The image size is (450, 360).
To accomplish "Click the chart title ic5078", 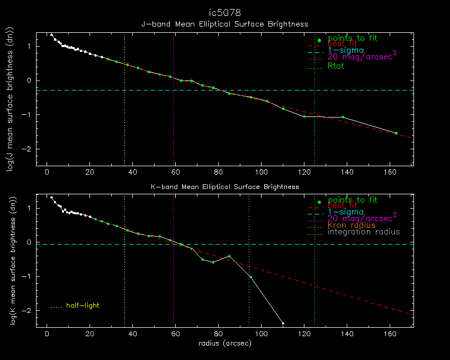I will [224, 12].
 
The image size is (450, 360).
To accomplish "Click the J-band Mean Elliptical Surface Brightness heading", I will [224, 24].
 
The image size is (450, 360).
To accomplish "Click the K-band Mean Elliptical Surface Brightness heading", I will [224, 186].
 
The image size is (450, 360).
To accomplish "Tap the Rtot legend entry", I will [336, 66].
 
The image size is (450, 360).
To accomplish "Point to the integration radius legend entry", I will [364, 232].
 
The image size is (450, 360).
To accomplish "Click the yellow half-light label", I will [83, 305].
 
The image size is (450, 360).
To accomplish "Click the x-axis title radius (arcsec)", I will [224, 343].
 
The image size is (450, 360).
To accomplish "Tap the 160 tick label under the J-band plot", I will [389, 173].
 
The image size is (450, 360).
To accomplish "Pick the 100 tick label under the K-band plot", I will [261, 335].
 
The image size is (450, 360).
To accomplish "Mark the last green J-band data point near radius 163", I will [396, 133].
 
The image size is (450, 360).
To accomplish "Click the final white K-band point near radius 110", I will [283, 323].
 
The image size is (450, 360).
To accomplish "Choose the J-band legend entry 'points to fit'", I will [353, 38].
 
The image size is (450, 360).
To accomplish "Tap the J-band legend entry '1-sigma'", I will [345, 50].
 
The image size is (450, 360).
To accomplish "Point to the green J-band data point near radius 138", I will [343, 117].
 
